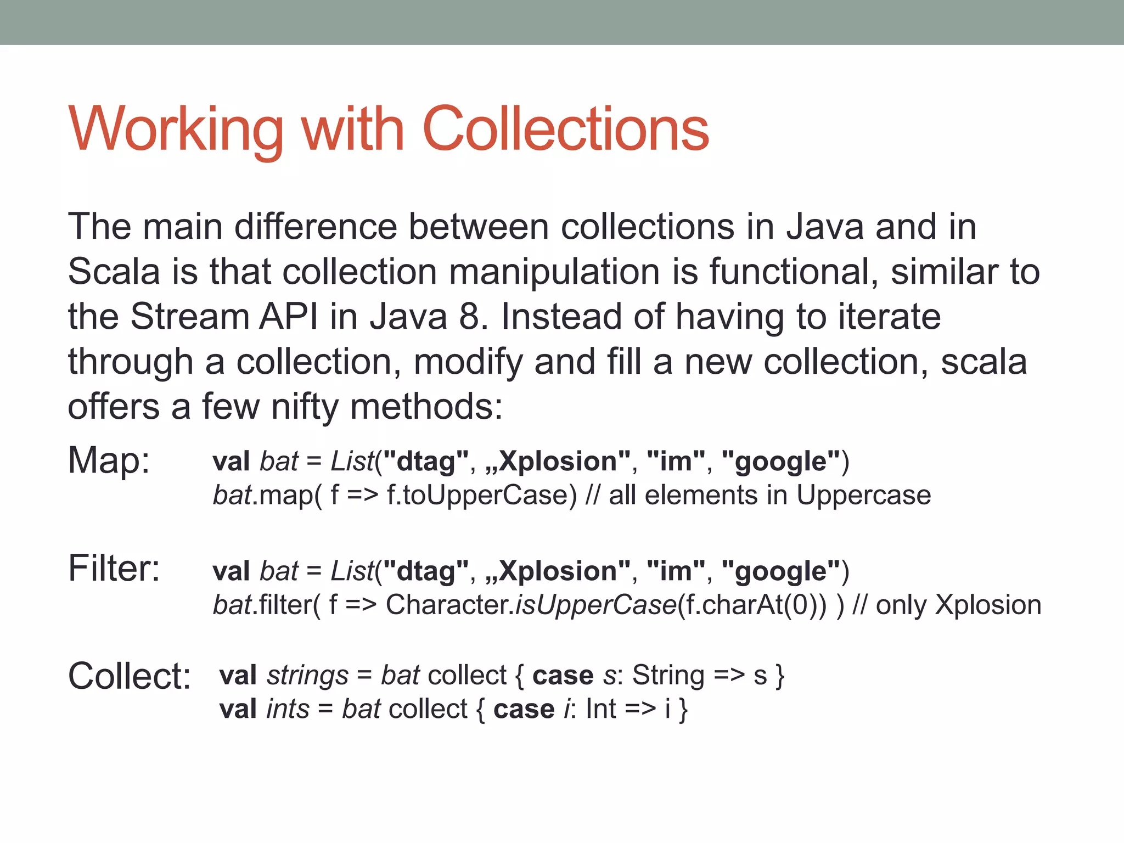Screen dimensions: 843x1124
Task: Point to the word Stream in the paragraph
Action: [190, 317]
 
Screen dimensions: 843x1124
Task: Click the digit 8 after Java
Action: [469, 317]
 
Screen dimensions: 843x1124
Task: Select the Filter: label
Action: [114, 568]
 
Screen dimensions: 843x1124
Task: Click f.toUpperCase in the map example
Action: [482, 495]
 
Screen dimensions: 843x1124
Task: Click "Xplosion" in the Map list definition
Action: [558, 462]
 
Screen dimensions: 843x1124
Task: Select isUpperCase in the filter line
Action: [596, 605]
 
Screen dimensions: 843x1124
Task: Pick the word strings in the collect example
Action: [307, 676]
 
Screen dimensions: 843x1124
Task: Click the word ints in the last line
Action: [288, 709]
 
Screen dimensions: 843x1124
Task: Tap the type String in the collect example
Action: [668, 676]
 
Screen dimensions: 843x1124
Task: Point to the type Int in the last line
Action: [601, 709]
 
